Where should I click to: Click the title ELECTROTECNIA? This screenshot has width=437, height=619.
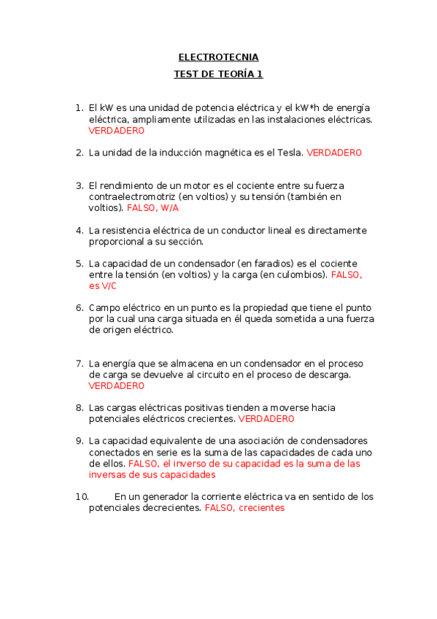pos(218,57)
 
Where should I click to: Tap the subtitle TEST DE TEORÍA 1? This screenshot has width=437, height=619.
pos(218,74)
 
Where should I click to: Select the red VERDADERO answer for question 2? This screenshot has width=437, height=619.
pos(333,153)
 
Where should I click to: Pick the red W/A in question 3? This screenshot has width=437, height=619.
pos(170,208)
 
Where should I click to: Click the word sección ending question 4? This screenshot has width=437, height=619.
pos(185,242)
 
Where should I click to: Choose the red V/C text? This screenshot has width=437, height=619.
pos(109,286)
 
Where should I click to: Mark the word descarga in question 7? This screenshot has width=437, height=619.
pos(330,374)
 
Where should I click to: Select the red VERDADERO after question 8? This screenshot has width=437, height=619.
pos(266,419)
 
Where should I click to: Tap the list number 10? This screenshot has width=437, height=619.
pos(82,496)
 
